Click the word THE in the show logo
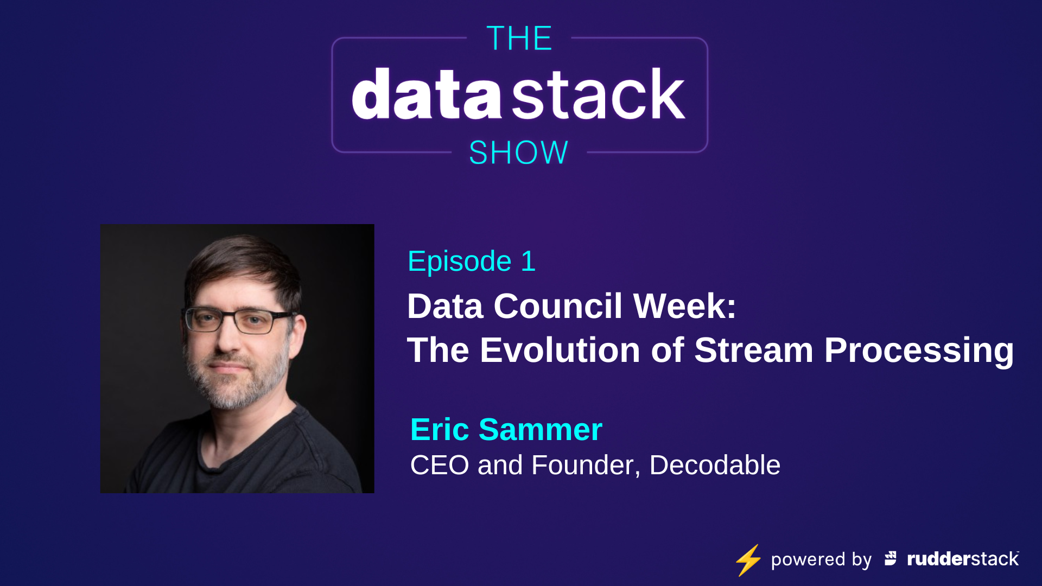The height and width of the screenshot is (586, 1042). (519, 39)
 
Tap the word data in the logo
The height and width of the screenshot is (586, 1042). (426, 94)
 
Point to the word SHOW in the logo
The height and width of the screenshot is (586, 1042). (518, 152)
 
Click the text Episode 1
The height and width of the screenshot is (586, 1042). (471, 262)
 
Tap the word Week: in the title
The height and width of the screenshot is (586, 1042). (685, 306)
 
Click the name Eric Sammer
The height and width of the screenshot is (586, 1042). (506, 430)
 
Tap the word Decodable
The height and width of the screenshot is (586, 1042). (715, 466)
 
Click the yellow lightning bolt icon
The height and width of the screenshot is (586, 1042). (748, 560)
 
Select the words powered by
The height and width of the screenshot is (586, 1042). (821, 559)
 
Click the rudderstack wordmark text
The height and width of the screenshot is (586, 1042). (962, 559)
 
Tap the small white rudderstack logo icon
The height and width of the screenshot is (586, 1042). (891, 558)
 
